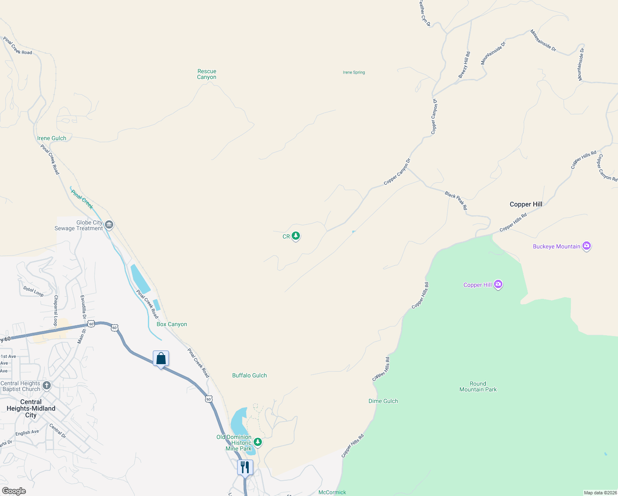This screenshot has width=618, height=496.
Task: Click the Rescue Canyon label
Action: (x=207, y=74)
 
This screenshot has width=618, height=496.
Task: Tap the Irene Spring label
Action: (x=354, y=72)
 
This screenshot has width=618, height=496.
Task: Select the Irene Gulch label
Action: (x=52, y=138)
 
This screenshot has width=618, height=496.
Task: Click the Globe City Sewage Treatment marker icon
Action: (x=109, y=224)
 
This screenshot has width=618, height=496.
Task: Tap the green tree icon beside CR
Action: (x=296, y=236)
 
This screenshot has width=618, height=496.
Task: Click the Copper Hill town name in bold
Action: (x=526, y=204)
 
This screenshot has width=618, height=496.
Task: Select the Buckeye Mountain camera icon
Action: (x=587, y=246)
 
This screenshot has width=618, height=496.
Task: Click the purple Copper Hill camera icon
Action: (x=498, y=284)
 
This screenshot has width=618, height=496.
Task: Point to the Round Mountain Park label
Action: (x=478, y=386)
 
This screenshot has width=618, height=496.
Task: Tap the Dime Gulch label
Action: (x=383, y=401)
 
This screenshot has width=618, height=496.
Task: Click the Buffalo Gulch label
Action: (x=250, y=375)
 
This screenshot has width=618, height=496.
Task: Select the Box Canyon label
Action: (x=172, y=324)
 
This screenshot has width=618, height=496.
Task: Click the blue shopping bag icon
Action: (x=161, y=358)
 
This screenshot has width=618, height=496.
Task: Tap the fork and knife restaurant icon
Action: (x=245, y=467)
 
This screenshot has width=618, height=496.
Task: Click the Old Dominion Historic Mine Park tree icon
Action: (x=258, y=442)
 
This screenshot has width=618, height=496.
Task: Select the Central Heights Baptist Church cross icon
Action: (x=47, y=386)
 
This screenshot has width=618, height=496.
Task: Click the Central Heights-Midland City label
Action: (x=31, y=408)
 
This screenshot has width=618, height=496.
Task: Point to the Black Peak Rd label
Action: (x=456, y=200)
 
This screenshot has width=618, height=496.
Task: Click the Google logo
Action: (x=14, y=491)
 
